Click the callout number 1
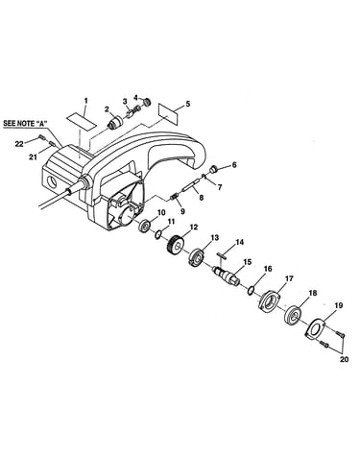click(85, 101)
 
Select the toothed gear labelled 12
click(175, 245)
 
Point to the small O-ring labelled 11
click(157, 235)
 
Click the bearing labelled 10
click(144, 227)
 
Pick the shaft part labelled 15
click(226, 275)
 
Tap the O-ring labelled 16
click(251, 290)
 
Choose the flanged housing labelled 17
click(269, 300)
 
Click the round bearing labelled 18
click(293, 314)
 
